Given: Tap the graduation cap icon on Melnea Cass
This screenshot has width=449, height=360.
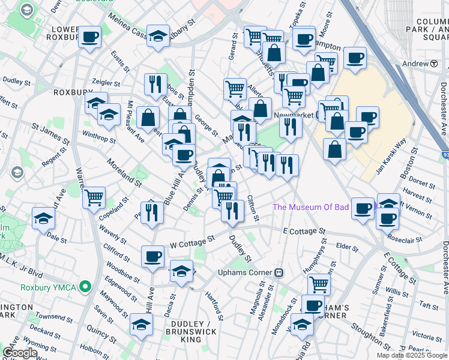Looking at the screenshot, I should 158,36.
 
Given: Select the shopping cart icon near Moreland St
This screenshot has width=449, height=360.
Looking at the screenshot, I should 94,196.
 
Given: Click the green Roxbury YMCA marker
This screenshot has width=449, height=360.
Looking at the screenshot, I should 85,287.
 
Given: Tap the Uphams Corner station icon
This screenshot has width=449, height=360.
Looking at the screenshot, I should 279,272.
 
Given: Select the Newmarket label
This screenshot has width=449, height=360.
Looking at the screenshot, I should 294,115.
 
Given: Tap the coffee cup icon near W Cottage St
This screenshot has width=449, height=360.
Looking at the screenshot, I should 152,256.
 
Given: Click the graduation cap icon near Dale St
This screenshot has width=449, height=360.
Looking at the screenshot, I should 44,217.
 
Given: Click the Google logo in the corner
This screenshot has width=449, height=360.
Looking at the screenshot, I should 20,353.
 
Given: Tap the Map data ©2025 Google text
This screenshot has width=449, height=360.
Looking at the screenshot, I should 411,355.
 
